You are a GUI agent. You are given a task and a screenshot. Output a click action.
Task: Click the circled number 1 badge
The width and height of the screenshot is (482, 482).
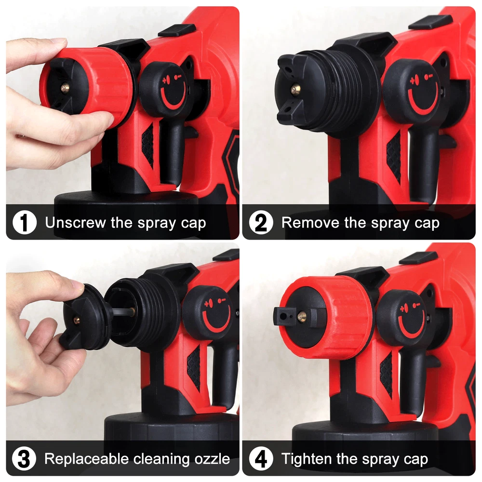(x=24, y=222)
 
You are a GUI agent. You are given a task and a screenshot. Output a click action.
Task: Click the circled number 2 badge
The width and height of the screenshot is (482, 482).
(x=261, y=222)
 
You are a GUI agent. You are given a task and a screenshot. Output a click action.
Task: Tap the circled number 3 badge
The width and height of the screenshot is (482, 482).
(x=24, y=459)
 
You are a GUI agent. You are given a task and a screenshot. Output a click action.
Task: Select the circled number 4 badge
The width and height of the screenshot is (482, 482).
(x=261, y=459)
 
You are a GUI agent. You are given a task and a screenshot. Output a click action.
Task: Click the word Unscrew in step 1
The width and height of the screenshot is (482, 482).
(x=75, y=222)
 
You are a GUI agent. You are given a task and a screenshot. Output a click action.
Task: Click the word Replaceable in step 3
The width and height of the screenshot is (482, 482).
(x=86, y=459)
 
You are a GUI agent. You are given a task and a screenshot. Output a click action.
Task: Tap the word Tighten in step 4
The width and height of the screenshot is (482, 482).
(x=307, y=459)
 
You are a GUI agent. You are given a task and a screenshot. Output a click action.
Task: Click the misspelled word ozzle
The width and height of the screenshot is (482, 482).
(x=212, y=459)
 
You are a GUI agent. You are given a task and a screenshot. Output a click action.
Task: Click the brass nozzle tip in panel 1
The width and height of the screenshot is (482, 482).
(x=65, y=88)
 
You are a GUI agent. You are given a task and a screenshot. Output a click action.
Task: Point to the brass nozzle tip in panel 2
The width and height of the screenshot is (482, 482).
(x=295, y=89)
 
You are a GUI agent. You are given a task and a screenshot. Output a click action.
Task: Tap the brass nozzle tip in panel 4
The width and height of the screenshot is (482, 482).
(x=302, y=316)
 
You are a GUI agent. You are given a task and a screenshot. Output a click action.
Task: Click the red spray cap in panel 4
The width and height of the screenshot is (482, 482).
(x=326, y=317)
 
